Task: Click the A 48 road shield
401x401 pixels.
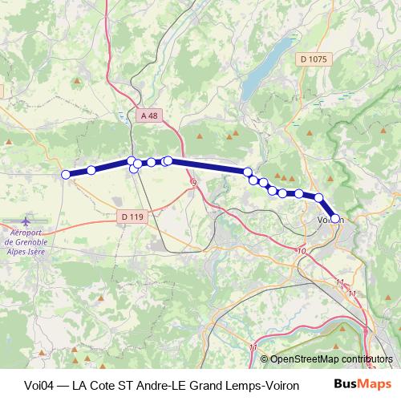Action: coord(148,115)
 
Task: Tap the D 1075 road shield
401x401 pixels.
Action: coord(313,59)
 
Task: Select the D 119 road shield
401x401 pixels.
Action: coord(132,217)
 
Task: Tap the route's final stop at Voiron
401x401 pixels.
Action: coord(335,218)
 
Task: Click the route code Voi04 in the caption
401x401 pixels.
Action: coord(31,385)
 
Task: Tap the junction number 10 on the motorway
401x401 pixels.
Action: coord(302,252)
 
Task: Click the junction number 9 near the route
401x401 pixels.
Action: coord(193,184)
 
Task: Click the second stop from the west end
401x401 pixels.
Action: coord(91,170)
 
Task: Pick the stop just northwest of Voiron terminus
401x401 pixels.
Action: coord(318,197)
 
